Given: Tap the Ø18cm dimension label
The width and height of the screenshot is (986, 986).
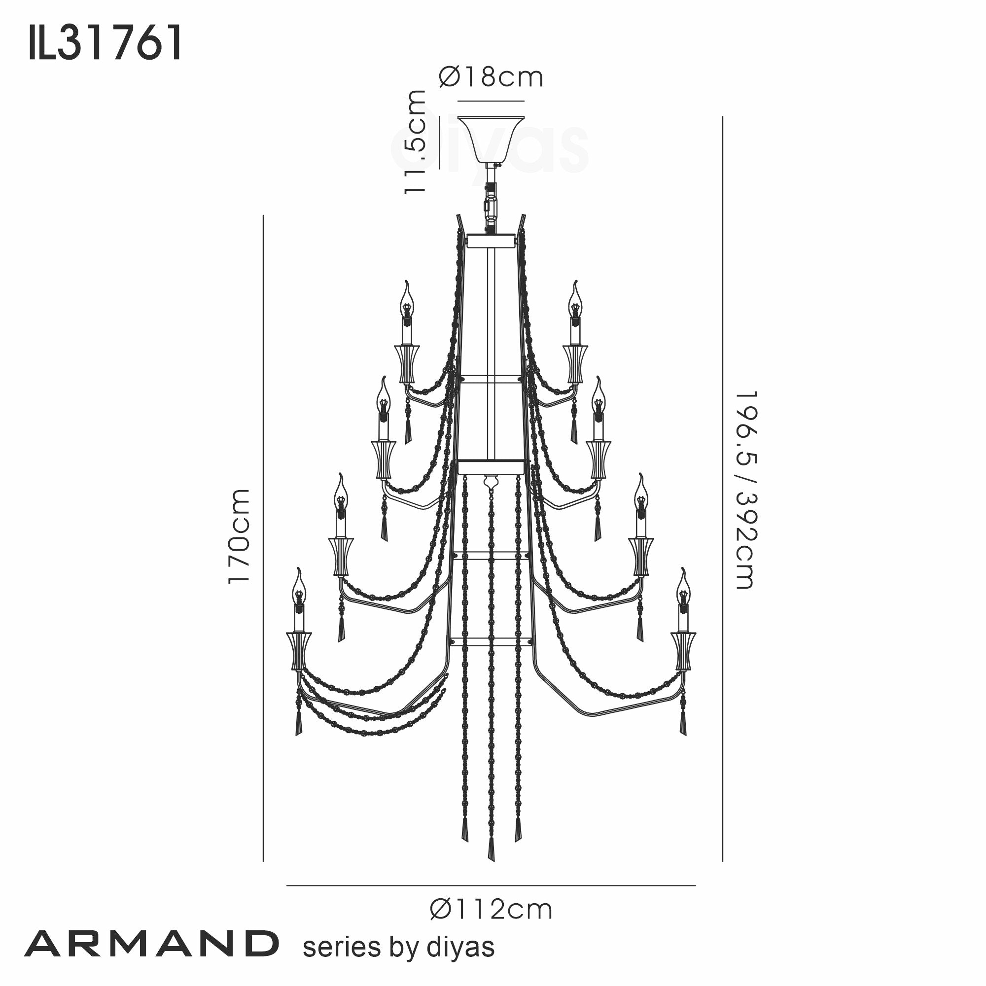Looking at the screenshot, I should [x=491, y=77].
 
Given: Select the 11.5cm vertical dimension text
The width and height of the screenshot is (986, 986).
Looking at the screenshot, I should [x=415, y=141].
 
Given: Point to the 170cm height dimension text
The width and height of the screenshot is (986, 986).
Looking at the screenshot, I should [x=239, y=536].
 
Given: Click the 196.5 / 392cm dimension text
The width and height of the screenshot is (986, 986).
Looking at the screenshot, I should [x=746, y=490].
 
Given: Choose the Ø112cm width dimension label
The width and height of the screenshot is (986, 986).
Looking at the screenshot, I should [x=491, y=910].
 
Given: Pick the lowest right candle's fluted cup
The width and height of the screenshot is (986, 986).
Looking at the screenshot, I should [x=683, y=651].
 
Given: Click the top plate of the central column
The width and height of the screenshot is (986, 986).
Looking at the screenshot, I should [x=491, y=240].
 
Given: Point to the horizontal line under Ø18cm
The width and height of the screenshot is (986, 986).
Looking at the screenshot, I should [x=491, y=101].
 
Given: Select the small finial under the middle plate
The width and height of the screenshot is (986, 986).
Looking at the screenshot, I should [x=491, y=481].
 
